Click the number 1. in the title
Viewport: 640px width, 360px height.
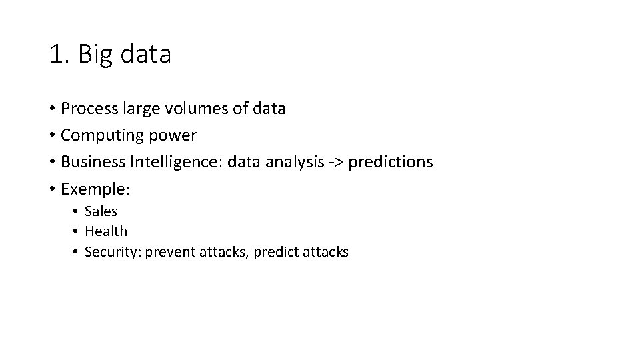59,54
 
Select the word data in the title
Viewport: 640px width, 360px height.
145,54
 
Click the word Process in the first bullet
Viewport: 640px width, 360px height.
87,109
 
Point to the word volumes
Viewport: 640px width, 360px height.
199,109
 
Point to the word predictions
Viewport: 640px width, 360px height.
391,162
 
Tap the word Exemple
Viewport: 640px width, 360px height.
94,189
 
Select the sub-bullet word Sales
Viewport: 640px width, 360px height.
101,211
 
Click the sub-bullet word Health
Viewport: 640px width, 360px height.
106,231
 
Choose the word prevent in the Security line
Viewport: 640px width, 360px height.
170,252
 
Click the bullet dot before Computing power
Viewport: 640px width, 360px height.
51,136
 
